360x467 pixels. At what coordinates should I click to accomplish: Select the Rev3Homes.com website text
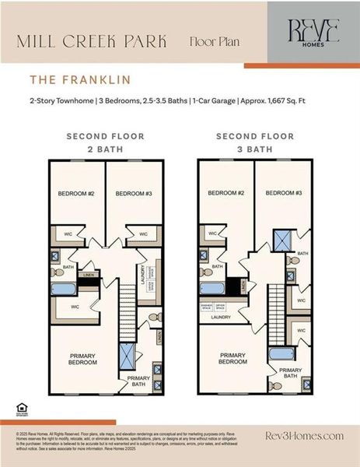[304, 436]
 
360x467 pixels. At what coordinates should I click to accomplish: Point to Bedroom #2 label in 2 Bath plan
[75, 194]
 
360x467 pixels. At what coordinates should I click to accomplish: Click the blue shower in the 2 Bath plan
[126, 356]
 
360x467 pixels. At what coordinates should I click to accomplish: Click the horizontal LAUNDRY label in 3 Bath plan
[221, 318]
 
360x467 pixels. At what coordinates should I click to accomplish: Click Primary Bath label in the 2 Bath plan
[139, 380]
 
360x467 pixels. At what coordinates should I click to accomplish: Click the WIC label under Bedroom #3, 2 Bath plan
[142, 233]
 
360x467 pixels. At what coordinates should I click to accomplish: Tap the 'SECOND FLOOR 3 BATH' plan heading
[254, 142]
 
